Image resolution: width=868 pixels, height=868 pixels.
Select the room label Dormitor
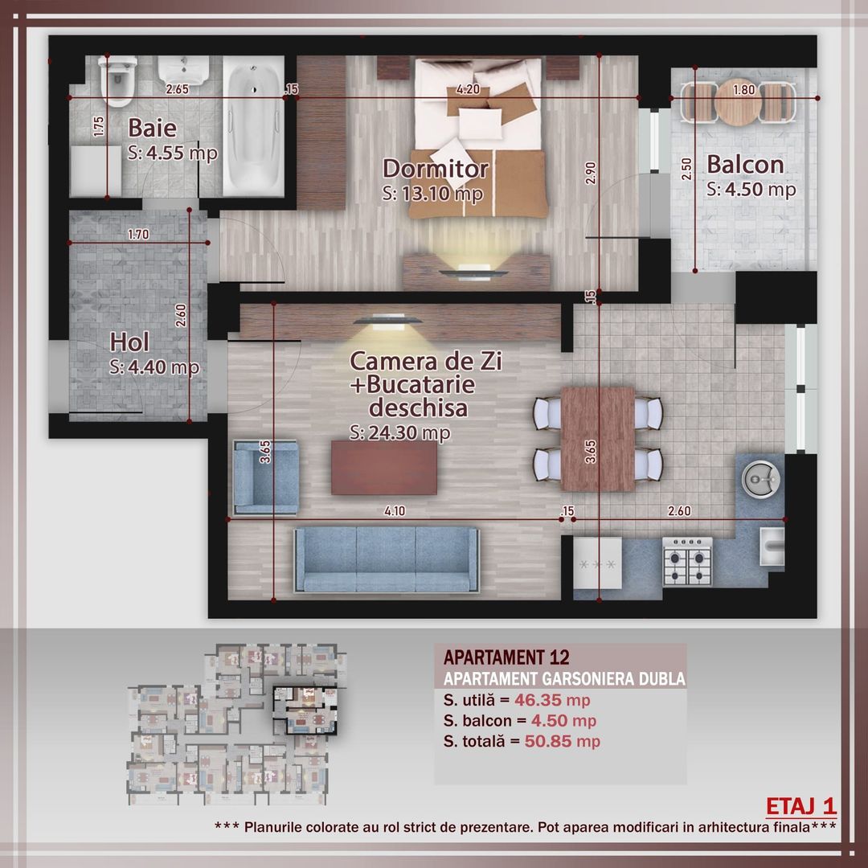(x=435, y=169)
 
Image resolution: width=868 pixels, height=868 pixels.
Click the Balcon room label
(x=745, y=164)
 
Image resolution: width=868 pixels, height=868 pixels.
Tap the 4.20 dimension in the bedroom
(x=468, y=89)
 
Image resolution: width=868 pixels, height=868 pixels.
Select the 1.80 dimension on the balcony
(x=744, y=90)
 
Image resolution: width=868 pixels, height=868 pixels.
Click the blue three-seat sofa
(x=386, y=559)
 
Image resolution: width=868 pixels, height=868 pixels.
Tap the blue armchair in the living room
(x=264, y=477)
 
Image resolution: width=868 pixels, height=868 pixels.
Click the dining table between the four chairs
(x=598, y=439)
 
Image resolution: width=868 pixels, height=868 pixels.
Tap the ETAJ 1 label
(x=801, y=805)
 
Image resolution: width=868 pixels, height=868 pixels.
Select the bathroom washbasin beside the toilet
(x=184, y=75)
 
